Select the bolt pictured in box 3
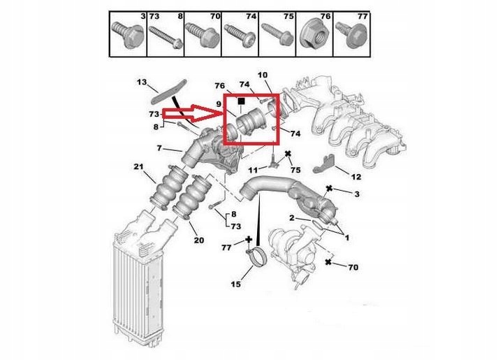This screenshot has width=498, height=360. [x=128, y=34]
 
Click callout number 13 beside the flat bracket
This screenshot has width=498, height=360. [x=142, y=82]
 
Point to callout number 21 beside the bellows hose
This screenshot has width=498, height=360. [x=138, y=166]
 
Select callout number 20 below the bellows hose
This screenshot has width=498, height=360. [x=198, y=240]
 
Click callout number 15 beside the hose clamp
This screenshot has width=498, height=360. [x=235, y=284]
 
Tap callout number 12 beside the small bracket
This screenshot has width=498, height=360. [x=356, y=177]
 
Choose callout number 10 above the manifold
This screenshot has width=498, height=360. [x=263, y=75]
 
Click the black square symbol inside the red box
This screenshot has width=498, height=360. [x=241, y=101]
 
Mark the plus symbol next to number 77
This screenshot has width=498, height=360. [x=249, y=240]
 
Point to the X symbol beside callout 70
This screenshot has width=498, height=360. [x=328, y=262]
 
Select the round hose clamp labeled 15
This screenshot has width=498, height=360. [x=257, y=257]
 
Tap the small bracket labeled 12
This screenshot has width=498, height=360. [x=324, y=164]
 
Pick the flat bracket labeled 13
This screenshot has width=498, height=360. [x=168, y=92]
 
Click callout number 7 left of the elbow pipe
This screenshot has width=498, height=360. [x=159, y=147]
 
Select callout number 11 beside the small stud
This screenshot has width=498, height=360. [x=253, y=171]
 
